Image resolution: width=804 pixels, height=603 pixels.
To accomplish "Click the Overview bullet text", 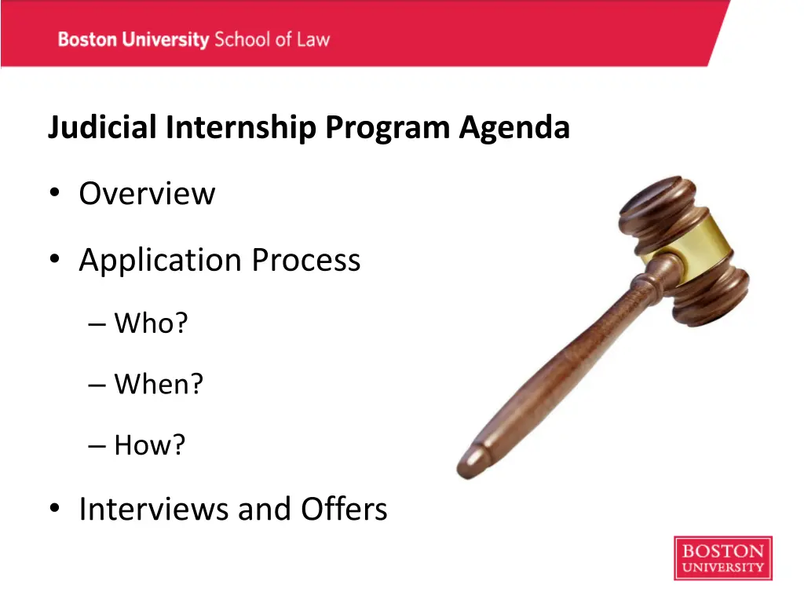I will [x=147, y=194].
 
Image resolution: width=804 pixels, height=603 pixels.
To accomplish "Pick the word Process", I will [x=306, y=261].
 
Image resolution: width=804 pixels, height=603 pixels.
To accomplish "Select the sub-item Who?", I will [x=151, y=323].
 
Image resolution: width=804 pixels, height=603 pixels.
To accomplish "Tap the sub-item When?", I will [x=159, y=384].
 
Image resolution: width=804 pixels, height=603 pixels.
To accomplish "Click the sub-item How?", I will [x=150, y=445].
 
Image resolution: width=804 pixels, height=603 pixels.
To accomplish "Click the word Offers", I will [x=344, y=510].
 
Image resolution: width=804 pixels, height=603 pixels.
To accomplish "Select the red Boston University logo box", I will [x=722, y=558].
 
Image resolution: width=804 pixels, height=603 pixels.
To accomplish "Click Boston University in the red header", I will [x=133, y=39].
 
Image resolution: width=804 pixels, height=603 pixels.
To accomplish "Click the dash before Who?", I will [x=97, y=323].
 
